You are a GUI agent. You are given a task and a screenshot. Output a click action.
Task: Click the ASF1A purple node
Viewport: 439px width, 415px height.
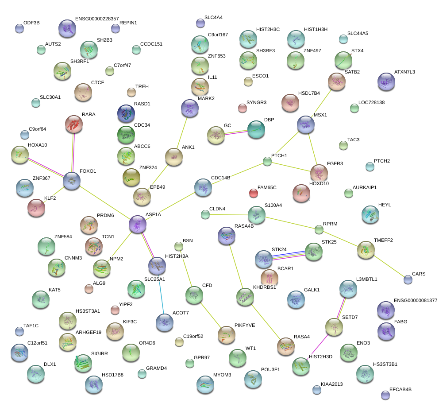pyautogui.click(x=138, y=224)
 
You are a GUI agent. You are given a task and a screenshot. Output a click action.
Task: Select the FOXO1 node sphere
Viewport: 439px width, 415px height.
pyautogui.click(x=72, y=181)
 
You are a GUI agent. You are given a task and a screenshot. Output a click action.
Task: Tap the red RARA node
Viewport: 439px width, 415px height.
pyautogui.click(x=74, y=124)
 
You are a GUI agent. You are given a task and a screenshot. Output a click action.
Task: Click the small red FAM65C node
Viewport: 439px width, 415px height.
pyautogui.click(x=254, y=193)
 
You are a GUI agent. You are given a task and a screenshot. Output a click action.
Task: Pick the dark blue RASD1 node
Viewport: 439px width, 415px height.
pyautogui.click(x=126, y=113)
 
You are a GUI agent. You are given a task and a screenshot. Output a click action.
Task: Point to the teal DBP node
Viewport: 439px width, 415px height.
pyautogui.click(x=256, y=129)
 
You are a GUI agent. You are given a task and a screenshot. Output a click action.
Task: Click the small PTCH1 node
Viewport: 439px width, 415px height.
pyautogui.click(x=267, y=161)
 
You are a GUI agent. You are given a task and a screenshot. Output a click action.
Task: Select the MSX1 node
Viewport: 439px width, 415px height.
pyautogui.click(x=306, y=124)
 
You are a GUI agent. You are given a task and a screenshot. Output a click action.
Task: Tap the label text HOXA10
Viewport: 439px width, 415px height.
pyautogui.click(x=38, y=145)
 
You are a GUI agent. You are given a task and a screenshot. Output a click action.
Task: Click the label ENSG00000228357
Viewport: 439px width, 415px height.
pyautogui.click(x=97, y=19)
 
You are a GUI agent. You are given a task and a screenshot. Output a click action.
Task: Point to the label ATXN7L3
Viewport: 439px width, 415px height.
pyautogui.click(x=404, y=72)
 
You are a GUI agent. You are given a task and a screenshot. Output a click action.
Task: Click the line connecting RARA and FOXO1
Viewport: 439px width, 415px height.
pyautogui.click(x=73, y=152)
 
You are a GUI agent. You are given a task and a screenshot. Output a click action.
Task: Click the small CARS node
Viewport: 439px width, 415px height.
pyautogui.click(x=408, y=279)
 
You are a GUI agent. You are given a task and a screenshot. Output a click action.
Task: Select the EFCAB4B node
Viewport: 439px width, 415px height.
pyautogui.click(x=385, y=395)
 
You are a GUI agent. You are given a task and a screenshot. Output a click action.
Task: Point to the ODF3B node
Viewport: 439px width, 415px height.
pyautogui.click(x=19, y=28)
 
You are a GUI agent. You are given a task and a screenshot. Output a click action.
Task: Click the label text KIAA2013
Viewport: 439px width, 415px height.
pyautogui.click(x=332, y=384)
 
